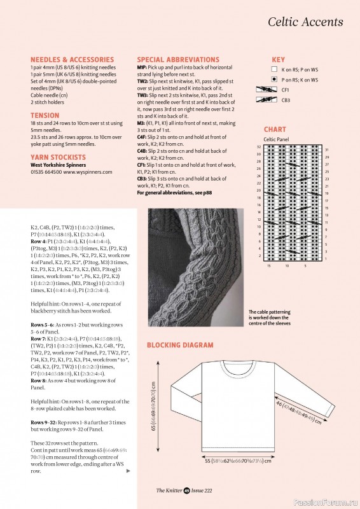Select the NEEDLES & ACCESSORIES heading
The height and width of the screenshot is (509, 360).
[72, 59]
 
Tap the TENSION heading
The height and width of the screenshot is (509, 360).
[45, 116]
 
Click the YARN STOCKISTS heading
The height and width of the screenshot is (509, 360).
[58, 157]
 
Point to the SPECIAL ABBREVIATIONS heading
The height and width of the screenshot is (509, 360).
[178, 59]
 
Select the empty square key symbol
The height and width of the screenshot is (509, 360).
[274, 68]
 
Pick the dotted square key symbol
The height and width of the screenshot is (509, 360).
[274, 79]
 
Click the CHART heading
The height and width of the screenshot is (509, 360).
[275, 129]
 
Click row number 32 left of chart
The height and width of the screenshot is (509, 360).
[259, 147]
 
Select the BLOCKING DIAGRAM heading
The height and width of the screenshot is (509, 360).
[180, 345]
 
